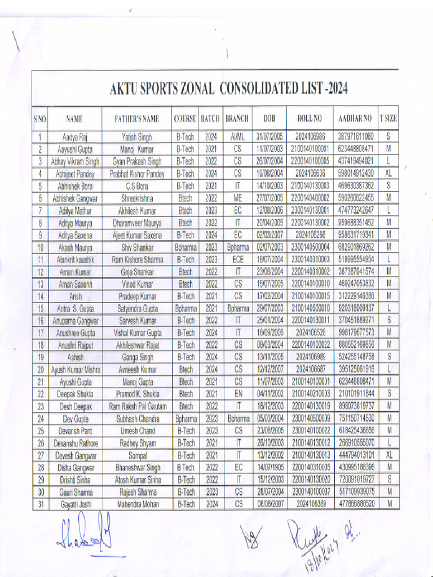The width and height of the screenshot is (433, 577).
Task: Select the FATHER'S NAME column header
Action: click(137, 119)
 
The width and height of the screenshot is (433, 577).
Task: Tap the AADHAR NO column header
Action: click(355, 119)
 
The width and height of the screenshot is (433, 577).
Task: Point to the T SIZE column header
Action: click(388, 119)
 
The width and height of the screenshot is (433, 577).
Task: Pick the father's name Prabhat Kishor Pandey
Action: click(137, 174)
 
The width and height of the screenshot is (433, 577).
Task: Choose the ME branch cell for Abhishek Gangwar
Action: click(237, 198)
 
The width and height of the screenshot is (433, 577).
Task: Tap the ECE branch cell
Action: click(237, 260)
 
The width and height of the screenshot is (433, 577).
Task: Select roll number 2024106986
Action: click(310, 137)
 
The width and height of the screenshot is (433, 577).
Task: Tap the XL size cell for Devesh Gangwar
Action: click(388, 455)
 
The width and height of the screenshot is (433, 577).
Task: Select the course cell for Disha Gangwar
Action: click(185, 468)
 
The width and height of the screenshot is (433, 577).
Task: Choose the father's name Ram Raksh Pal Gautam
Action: click(137, 406)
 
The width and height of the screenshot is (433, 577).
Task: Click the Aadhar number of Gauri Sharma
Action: click(355, 492)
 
